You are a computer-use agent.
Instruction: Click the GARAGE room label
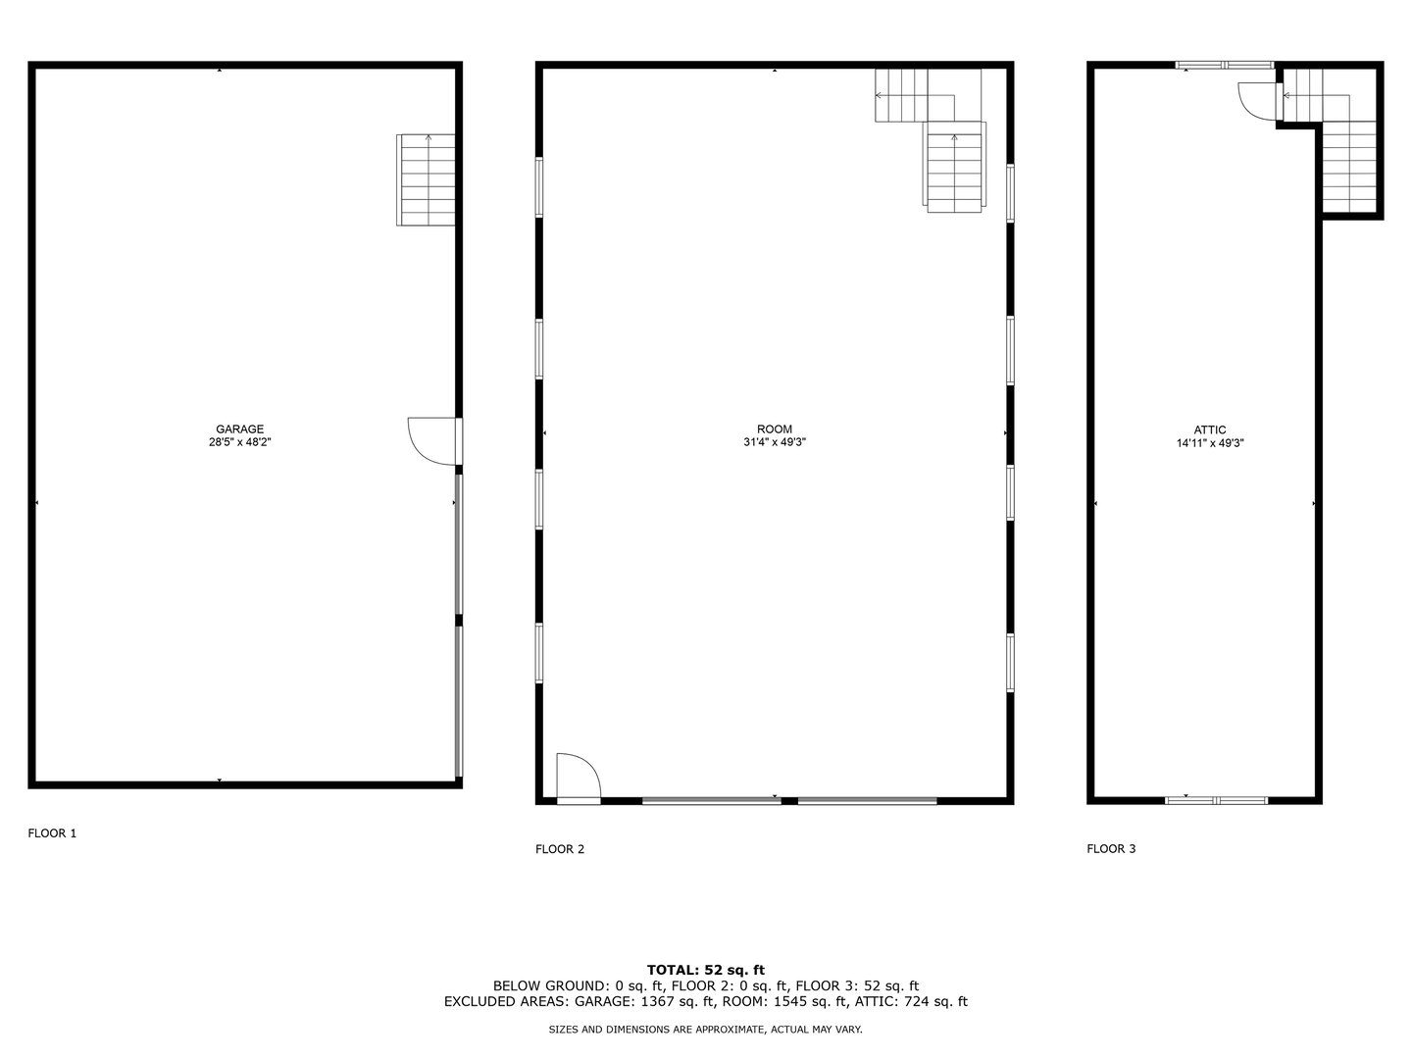[240, 429]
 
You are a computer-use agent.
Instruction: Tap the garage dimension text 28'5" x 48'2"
[240, 442]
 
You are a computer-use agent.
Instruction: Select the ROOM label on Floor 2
[774, 429]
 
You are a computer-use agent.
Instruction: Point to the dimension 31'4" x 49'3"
[774, 442]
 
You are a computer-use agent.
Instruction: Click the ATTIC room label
[1210, 429]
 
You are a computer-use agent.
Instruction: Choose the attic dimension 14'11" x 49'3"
[1210, 443]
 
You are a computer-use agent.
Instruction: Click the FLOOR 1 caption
[52, 833]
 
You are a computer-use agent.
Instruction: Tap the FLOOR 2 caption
[560, 849]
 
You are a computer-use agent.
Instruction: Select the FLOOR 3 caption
[1111, 849]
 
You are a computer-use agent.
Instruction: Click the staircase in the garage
[427, 179]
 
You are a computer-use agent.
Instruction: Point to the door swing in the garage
[432, 440]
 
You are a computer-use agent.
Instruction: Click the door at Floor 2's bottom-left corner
[577, 779]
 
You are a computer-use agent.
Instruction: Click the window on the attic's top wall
[1225, 66]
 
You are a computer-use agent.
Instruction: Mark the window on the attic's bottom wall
[1216, 800]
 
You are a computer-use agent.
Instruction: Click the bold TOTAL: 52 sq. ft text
[705, 970]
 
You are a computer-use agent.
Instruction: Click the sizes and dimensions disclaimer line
[705, 1030]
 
